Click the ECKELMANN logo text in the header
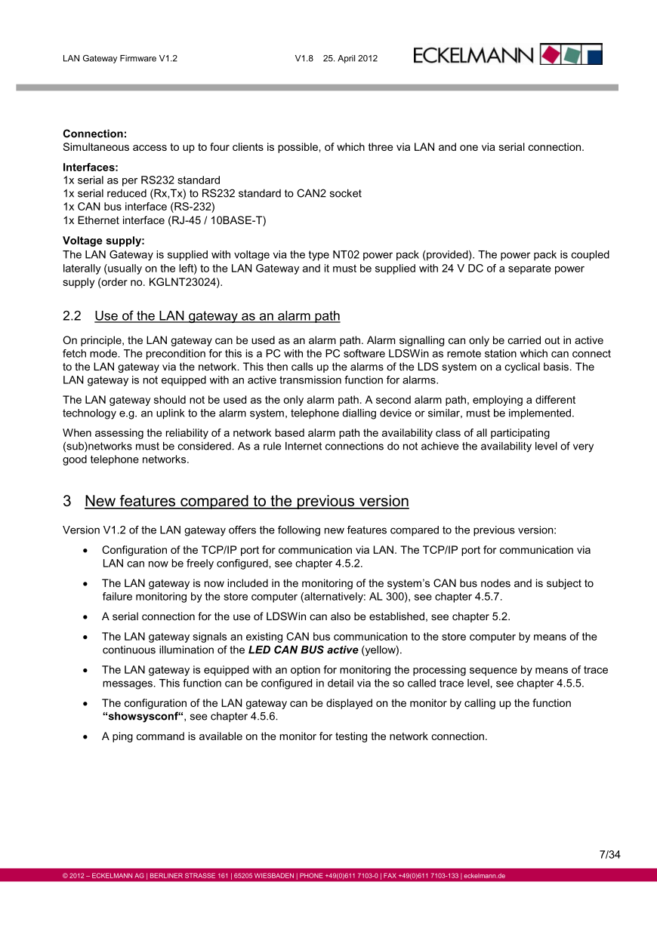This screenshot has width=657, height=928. tap(474, 55)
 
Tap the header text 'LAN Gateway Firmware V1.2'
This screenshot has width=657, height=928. tap(120, 58)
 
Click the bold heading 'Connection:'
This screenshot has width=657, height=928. tap(94, 134)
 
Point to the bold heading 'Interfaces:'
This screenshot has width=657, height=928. tap(91, 167)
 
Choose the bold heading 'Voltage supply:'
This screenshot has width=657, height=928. tap(103, 241)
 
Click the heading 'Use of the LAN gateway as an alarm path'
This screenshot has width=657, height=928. tap(217, 316)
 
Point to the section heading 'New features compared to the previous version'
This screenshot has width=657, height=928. tap(247, 502)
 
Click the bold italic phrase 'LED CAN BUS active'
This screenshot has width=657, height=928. tap(303, 650)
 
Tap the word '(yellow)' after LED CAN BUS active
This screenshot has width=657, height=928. tap(382, 650)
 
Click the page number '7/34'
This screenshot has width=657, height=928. tap(609, 855)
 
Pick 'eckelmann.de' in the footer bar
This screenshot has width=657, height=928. tap(484, 876)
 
